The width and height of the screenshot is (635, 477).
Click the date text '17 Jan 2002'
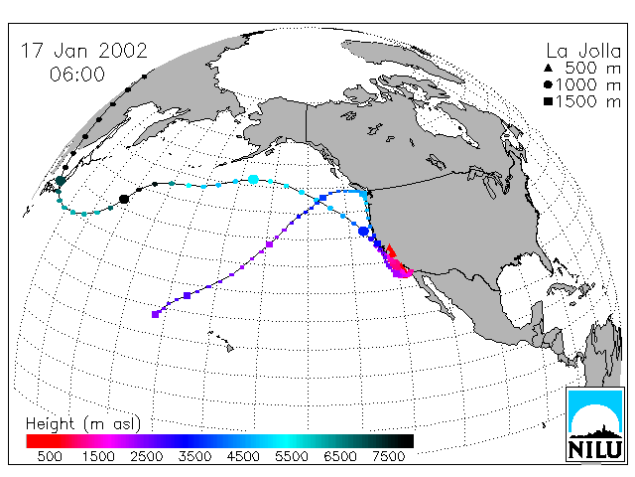[83, 51]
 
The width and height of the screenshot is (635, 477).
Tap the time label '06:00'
[77, 75]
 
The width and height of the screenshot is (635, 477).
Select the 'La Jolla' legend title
[583, 51]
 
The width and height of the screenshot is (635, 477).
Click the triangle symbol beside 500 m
[549, 68]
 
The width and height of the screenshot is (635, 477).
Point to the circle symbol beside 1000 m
[549, 84]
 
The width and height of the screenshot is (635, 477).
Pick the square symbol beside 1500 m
[549, 101]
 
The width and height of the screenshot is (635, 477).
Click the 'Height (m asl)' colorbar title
[83, 424]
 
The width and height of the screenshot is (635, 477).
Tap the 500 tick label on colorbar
[50, 456]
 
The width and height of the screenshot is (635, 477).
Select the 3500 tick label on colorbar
[194, 456]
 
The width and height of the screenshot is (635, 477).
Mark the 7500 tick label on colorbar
[388, 456]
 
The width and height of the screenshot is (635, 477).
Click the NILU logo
[595, 424]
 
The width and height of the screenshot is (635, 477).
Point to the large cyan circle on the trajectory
[253, 179]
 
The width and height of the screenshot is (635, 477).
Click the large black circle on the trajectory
[124, 199]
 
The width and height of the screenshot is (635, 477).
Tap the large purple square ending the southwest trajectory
[155, 314]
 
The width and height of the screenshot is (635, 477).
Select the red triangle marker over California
[390, 249]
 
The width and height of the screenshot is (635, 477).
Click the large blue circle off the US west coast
[364, 232]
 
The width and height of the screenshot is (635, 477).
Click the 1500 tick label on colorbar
[98, 456]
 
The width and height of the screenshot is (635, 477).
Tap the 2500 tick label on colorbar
[147, 456]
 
